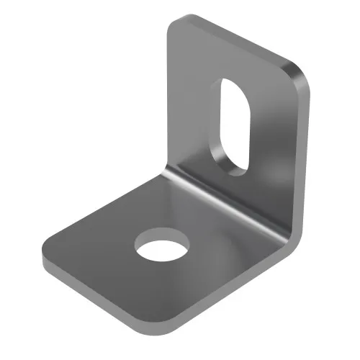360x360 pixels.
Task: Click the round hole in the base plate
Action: (161, 245)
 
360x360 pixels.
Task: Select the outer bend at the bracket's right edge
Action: (292, 234)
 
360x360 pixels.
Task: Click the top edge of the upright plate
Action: (238, 40)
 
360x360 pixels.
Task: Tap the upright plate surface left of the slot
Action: (191, 108)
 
